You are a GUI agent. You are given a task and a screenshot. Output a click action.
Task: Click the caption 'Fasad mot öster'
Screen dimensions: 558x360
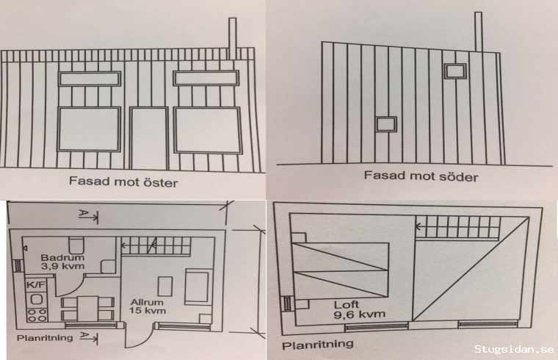pos(123,181)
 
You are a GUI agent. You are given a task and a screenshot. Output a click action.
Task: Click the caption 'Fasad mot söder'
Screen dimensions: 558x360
pos(421,176)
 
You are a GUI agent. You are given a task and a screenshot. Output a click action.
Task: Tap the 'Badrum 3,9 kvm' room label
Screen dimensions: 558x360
pos(62,262)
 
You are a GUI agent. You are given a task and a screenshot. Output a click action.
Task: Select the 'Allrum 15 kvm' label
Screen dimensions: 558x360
pos(148,306)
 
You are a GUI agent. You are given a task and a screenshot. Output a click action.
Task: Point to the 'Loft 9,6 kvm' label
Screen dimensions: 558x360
pos(360,309)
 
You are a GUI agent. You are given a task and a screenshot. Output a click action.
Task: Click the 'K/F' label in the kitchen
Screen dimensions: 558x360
pos(36,284)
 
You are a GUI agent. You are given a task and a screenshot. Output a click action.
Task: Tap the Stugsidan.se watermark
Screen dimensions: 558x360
pos(514,349)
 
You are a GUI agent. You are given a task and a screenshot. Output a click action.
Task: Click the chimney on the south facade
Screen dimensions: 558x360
pos(478,32)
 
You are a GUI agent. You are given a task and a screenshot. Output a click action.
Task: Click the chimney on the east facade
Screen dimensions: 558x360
pos(232,39)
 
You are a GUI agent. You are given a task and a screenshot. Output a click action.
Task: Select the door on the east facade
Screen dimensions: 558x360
pos(149,138)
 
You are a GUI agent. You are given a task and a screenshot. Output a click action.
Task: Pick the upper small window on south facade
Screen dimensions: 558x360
pos(455,71)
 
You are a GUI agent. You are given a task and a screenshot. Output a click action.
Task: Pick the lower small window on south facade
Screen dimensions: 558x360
pos(386,124)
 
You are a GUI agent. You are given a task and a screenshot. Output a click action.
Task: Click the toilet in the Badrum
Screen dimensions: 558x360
pos(76,245)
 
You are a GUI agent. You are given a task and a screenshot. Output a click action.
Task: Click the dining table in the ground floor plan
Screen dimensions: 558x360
pos(88,309)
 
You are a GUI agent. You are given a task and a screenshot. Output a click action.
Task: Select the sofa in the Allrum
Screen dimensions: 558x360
pos(197,287)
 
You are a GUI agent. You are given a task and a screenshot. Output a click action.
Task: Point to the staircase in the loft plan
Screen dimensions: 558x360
pos(458,227)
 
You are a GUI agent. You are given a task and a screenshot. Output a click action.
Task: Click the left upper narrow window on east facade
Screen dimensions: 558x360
pos(90,79)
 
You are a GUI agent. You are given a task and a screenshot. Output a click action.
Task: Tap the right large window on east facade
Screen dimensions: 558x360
pos(208,130)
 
